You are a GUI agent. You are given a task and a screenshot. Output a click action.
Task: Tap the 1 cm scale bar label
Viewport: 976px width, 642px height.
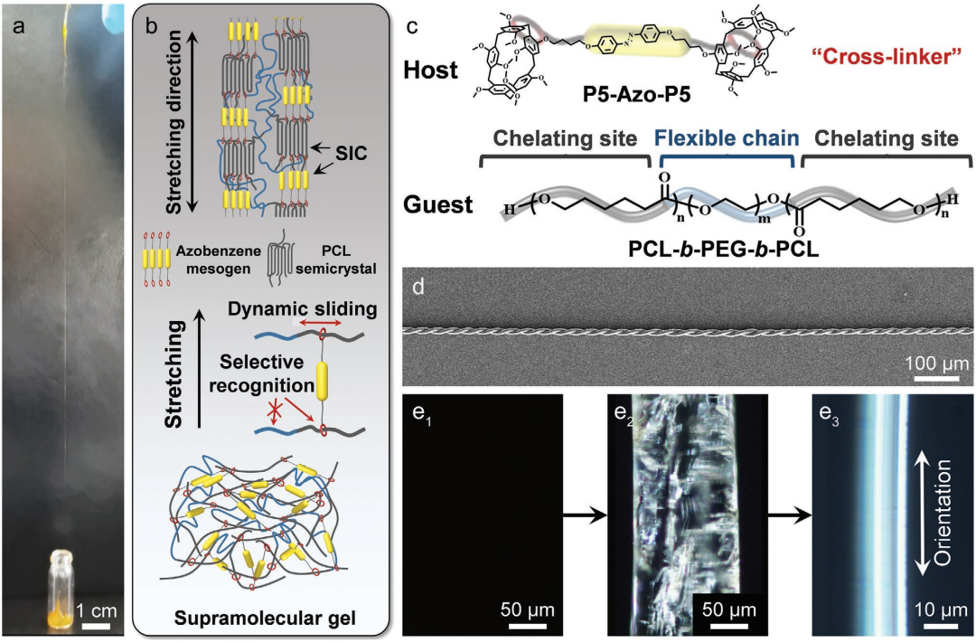click(97, 610)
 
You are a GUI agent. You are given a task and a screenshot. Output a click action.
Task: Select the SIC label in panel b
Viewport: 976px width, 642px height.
click(351, 153)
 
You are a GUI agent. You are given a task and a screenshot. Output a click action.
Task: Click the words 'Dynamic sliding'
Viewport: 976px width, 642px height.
click(303, 309)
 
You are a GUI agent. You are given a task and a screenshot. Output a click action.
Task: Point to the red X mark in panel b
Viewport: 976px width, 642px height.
click(269, 413)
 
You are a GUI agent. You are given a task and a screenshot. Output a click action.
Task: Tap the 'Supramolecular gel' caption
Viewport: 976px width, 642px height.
click(265, 618)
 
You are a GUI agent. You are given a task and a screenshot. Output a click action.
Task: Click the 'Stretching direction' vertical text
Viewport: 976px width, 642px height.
click(175, 122)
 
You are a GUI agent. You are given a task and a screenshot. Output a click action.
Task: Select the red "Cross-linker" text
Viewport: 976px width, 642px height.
click(887, 57)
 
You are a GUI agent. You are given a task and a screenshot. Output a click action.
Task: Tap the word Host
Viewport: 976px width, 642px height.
click(430, 70)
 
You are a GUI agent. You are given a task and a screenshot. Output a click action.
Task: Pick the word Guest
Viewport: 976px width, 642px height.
click(438, 204)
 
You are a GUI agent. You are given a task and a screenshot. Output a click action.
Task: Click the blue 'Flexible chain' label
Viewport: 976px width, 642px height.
click(727, 137)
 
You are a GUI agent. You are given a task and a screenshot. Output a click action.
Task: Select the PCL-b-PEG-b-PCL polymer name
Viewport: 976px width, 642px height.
click(723, 249)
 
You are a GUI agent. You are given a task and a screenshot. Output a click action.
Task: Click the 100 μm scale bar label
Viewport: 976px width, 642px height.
click(936, 363)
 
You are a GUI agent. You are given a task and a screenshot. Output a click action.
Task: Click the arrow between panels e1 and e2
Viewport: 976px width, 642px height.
click(585, 515)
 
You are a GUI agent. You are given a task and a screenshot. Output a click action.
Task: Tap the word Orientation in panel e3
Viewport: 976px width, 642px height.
click(943, 513)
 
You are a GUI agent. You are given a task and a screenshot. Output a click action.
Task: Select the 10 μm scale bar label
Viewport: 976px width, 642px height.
click(941, 609)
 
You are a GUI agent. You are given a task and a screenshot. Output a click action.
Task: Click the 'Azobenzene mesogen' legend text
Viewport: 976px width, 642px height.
click(218, 260)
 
